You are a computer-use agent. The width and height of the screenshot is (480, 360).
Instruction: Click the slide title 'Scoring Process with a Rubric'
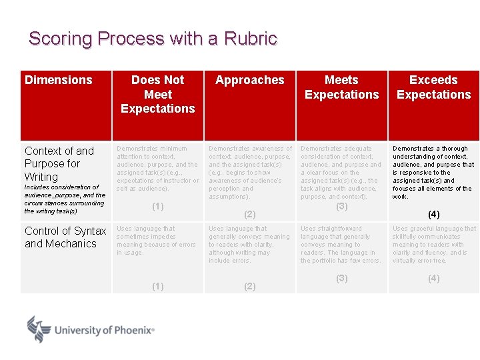click(x=153, y=39)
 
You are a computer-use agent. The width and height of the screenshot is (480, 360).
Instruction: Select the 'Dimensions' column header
click(x=59, y=80)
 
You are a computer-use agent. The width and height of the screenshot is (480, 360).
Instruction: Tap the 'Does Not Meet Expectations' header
click(x=158, y=94)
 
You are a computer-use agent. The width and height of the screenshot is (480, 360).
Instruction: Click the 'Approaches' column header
click(x=250, y=80)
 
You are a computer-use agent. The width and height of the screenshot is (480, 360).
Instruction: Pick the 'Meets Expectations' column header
click(x=341, y=87)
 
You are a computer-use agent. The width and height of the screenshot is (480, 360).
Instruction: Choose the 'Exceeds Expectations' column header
click(x=433, y=87)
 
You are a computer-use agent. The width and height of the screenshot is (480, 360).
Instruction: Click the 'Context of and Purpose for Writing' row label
click(x=59, y=163)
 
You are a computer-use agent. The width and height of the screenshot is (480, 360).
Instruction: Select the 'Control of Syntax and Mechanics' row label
click(x=65, y=237)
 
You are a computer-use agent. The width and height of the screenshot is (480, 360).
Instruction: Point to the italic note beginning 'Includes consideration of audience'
click(x=65, y=199)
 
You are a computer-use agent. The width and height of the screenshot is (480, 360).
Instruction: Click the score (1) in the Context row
click(x=158, y=207)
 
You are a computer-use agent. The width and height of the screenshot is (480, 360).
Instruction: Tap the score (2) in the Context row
click(x=250, y=214)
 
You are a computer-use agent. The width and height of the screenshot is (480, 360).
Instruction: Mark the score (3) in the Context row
click(x=341, y=207)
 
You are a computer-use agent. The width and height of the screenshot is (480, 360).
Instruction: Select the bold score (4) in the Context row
click(x=433, y=214)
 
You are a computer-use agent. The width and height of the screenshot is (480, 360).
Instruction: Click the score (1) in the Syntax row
click(x=158, y=286)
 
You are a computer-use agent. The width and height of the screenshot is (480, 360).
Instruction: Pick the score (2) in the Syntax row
click(x=250, y=286)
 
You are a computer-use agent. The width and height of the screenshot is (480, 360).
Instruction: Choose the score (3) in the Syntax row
click(x=341, y=278)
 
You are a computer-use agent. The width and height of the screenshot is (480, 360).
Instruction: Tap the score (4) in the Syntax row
click(x=433, y=278)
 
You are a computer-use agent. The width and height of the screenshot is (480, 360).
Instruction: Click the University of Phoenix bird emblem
click(x=39, y=329)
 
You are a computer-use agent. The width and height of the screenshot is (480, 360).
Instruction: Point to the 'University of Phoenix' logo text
click(x=104, y=330)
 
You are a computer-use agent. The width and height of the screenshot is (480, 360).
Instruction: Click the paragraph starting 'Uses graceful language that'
click(x=433, y=245)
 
